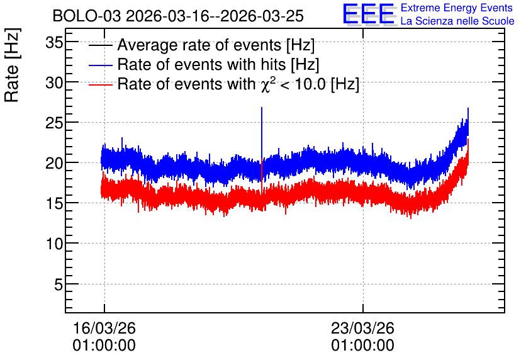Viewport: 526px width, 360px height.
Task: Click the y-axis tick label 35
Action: pyautogui.click(x=54, y=43)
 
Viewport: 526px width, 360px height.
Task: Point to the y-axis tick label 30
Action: pyautogui.click(x=54, y=82)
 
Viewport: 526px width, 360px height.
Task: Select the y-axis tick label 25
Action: pyautogui.click(x=54, y=123)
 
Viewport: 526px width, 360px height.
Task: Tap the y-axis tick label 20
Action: pyautogui.click(x=54, y=164)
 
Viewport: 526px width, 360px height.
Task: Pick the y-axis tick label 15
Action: pyautogui.click(x=54, y=204)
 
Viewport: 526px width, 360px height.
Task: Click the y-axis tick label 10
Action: pyautogui.click(x=54, y=244)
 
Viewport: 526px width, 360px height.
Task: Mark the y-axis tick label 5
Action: pyautogui.click(x=59, y=284)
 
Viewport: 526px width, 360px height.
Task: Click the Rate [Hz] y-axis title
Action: pyautogui.click(x=12, y=65)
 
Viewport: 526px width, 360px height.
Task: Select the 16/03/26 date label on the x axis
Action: pyautogui.click(x=104, y=328)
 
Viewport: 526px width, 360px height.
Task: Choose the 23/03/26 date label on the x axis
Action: pyautogui.click(x=362, y=328)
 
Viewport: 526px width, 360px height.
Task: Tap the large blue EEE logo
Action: pyautogui.click(x=369, y=14)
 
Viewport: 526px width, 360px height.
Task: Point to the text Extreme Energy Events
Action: pyautogui.click(x=457, y=8)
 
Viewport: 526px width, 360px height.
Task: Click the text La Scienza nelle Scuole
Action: pyautogui.click(x=457, y=21)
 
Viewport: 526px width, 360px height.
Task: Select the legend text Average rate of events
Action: pyautogui.click(x=199, y=45)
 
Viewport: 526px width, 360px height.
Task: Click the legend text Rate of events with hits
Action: pyautogui.click(x=201, y=64)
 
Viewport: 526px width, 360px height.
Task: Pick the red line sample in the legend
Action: pyautogui.click(x=100, y=85)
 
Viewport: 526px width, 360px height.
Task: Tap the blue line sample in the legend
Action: pyautogui.click(x=100, y=65)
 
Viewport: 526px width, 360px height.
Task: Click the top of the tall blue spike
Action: pyautogui.click(x=262, y=108)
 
